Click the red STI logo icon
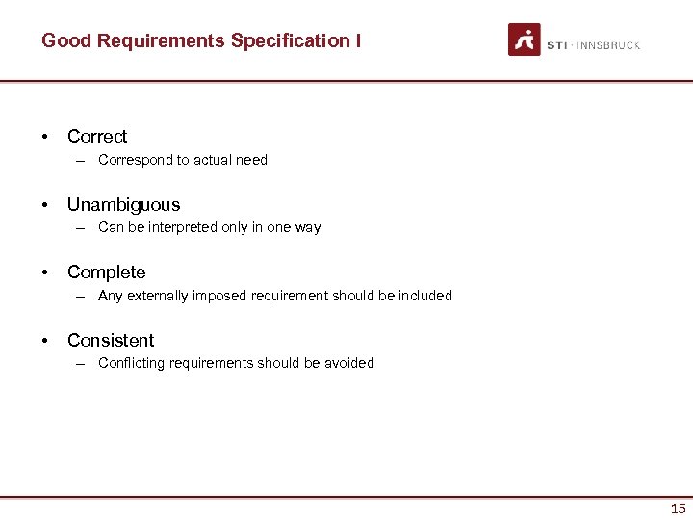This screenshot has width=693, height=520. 525,39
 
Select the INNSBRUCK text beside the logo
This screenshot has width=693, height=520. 608,45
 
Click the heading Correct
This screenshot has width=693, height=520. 97,137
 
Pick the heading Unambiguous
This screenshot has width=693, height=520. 123,204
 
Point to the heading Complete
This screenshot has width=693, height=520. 106,273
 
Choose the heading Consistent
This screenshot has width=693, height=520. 111,340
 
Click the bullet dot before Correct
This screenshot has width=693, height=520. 45,137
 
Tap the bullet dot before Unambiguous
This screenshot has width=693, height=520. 45,204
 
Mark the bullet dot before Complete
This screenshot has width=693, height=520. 45,273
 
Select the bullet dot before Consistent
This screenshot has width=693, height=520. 45,340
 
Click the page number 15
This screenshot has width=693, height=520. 678,508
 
